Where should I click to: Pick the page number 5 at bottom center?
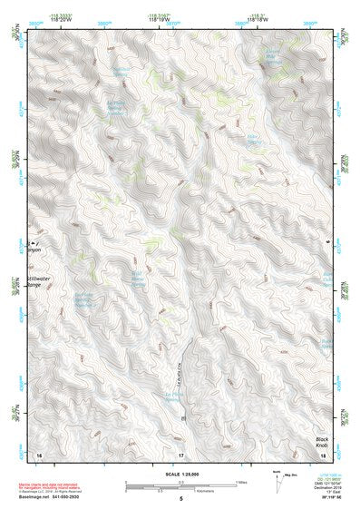click(x=180, y=499)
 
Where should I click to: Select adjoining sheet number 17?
click(x=180, y=455)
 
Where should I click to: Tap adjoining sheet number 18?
click(x=323, y=455)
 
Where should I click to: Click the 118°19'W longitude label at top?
click(x=163, y=19)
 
